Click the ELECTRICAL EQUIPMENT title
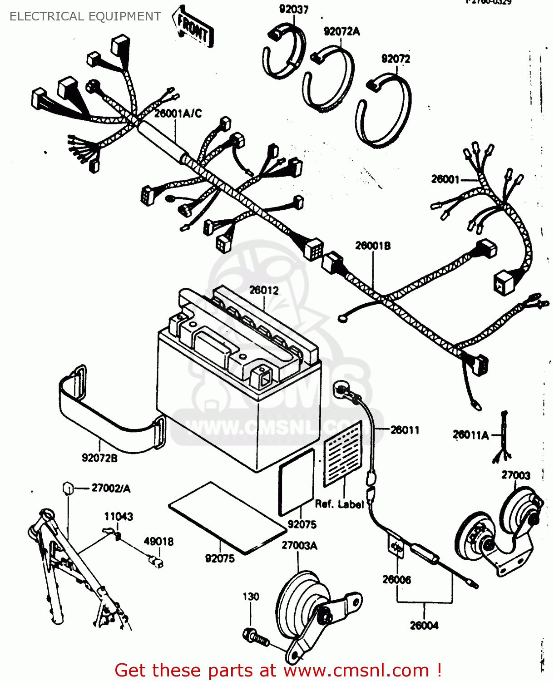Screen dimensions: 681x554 coord(85,16)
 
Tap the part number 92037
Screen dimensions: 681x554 coord(293,9)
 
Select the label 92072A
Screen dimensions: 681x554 coord(341,31)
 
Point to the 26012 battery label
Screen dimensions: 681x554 coord(264,290)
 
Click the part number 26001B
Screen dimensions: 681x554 coord(372,246)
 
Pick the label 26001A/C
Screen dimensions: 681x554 coord(178,113)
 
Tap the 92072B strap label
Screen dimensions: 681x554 coord(99,458)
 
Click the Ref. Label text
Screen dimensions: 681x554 coord(339,504)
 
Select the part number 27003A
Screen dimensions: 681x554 coord(299,546)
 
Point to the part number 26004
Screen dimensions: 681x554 coord(424,626)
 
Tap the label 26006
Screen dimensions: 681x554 coord(396,580)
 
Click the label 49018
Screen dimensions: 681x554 coord(158,541)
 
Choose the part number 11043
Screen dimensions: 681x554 coord(119,516)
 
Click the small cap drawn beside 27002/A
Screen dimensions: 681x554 coord(68,489)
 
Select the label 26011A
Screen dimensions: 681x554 coord(470,435)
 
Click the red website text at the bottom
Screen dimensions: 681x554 coord(278,670)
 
